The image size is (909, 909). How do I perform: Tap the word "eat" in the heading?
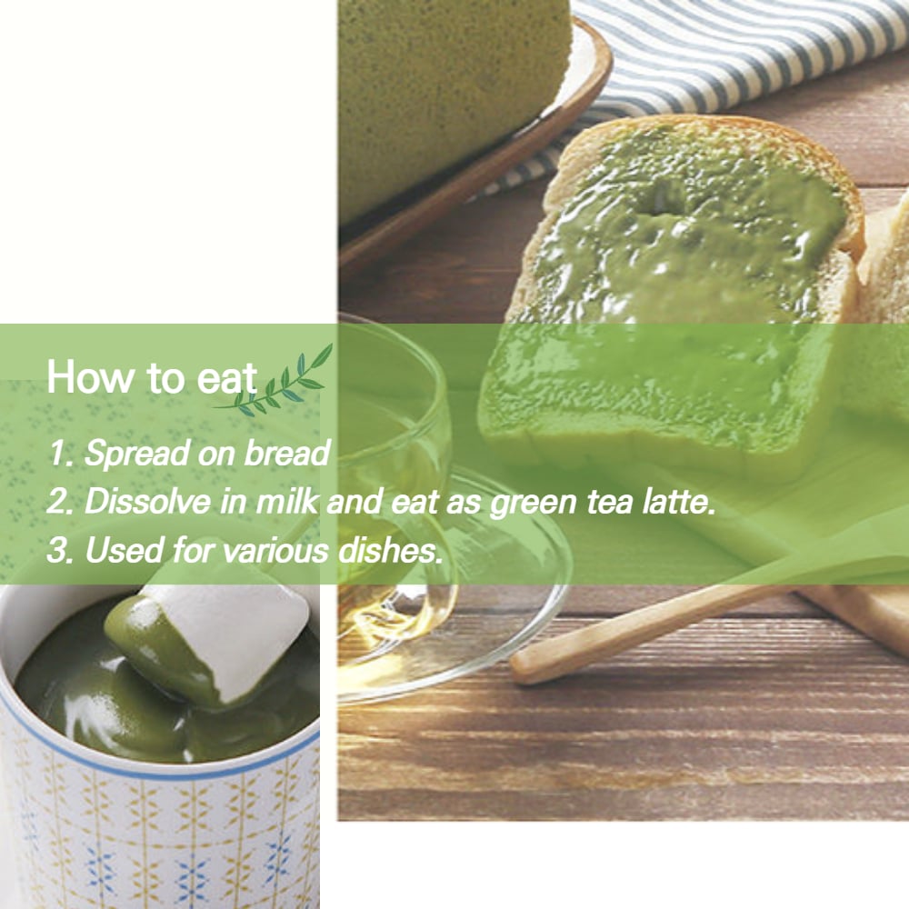tap(226, 379)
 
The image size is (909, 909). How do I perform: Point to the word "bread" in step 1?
tap(287, 453)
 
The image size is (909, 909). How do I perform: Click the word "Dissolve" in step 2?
tap(148, 501)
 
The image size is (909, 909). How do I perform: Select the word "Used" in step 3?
tap(124, 550)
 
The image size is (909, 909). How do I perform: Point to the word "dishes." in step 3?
tap(390, 550)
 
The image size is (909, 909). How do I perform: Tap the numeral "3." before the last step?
tap(59, 550)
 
